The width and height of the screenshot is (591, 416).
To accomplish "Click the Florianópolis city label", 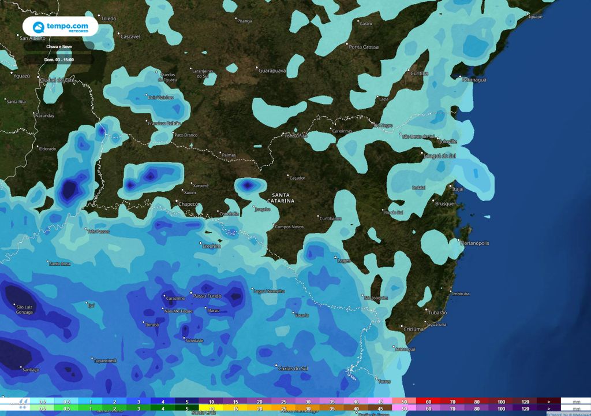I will pos(474,243).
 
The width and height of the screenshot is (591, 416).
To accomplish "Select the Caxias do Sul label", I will pos(292,368).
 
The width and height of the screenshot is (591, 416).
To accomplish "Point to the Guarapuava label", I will pos(272,70).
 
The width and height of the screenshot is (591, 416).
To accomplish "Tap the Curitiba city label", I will pos(419,73).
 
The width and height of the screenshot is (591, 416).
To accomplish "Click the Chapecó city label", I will pos(189,204).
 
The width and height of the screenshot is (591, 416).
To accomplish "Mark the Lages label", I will pos(343,261).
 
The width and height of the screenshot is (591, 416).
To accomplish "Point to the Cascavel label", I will pos(130,36).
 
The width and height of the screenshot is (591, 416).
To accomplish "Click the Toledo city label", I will pos(108,19).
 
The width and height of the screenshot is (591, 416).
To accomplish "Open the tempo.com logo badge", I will pos(61,27).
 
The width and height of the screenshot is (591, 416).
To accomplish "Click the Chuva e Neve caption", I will pos(59,46).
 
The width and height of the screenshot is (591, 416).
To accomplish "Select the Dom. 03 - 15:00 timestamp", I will pos(59,59).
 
